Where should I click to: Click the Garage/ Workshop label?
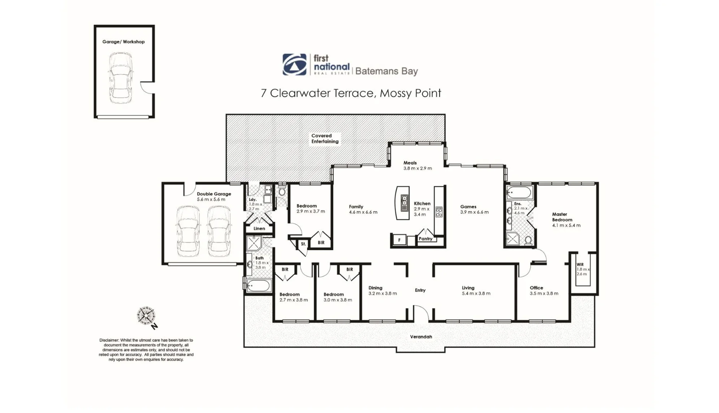(x=123, y=42)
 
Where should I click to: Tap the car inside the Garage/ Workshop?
(x=121, y=78)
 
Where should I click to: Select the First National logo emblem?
(x=294, y=64)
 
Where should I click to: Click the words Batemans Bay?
(x=386, y=71)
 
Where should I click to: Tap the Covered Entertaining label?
(x=325, y=138)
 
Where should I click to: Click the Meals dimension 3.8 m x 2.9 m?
(x=417, y=168)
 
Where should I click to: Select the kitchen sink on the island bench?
(x=404, y=203)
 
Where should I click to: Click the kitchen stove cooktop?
(x=439, y=212)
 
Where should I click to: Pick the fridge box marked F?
(x=399, y=240)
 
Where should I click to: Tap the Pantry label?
(x=425, y=239)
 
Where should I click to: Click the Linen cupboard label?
(x=259, y=229)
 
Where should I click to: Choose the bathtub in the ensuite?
(x=519, y=192)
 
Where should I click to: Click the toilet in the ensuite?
(x=528, y=240)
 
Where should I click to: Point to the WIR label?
(x=580, y=265)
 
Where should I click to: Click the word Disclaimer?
(x=109, y=340)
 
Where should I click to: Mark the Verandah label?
(x=421, y=337)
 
